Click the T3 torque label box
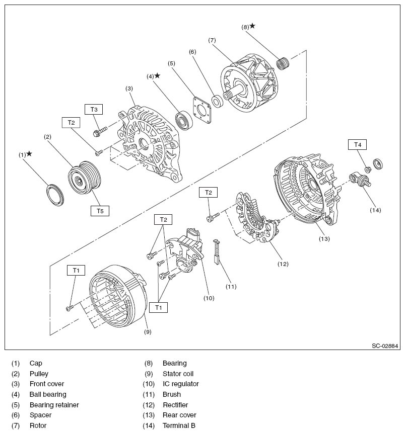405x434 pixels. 94,109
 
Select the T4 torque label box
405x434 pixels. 358,145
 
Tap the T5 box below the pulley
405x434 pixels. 100,211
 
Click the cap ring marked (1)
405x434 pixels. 55,195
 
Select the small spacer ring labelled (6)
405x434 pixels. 218,101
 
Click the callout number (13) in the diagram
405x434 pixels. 324,239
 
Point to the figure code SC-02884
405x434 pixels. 385,346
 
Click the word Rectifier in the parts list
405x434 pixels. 176,405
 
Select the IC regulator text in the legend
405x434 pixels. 180,384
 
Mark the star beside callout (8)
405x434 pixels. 252,26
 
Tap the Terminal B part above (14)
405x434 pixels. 359,181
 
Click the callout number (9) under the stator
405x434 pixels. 148,331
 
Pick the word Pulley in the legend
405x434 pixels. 39,374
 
